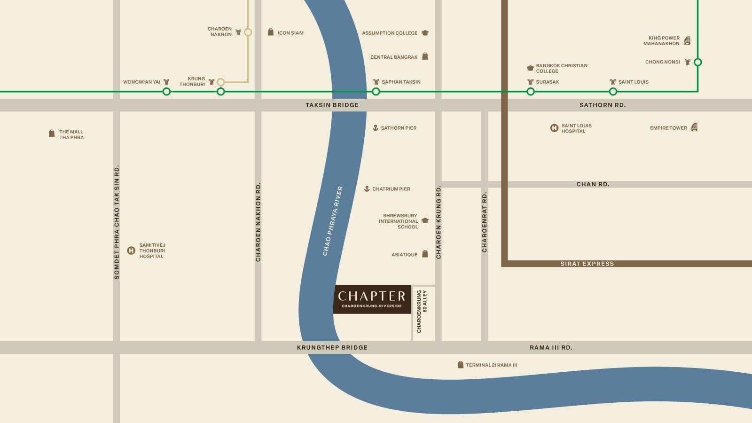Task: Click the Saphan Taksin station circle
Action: [x=376, y=92]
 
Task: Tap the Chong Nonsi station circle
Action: [x=698, y=62]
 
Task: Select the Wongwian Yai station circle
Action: [x=166, y=92]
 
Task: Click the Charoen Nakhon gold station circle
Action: [x=248, y=32]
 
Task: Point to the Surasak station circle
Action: [x=531, y=92]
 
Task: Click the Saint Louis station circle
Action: [x=613, y=92]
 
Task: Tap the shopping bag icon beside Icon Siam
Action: [x=271, y=32]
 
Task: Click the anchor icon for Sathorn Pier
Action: [x=376, y=128]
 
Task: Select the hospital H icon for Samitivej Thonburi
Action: [x=132, y=251]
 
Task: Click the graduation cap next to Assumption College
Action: [x=425, y=33]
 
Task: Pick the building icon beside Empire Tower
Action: [x=695, y=127]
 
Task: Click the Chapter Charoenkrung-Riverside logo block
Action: [x=372, y=299]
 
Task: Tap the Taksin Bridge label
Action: [x=332, y=105]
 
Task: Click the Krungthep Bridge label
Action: [x=332, y=347]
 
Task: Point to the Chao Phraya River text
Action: [x=333, y=221]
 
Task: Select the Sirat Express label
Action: [x=587, y=264]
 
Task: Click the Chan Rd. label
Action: [x=593, y=184]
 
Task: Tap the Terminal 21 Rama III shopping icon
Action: [x=461, y=365]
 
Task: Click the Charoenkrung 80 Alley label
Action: [x=422, y=311]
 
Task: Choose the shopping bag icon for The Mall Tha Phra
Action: [x=52, y=134]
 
